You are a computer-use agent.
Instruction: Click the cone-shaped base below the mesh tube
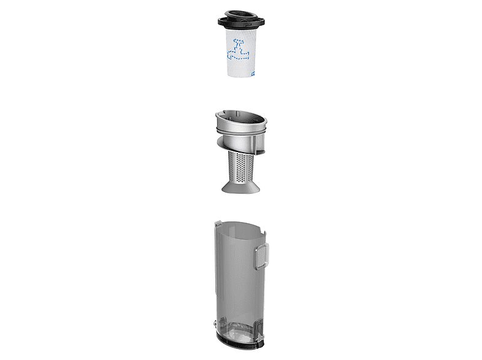click(241, 186)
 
